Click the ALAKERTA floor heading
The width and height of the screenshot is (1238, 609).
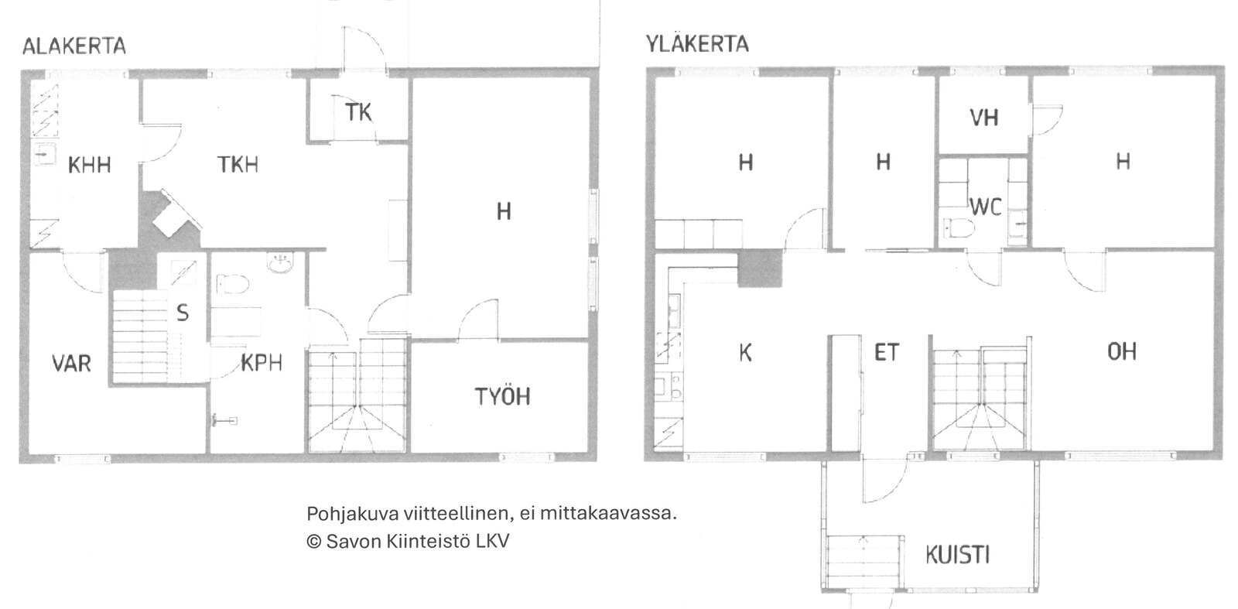pos(74,46)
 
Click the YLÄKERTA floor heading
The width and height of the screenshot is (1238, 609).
pos(697,43)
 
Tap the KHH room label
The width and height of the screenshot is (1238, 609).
pos(90,165)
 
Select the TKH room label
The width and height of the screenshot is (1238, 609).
pos(238,164)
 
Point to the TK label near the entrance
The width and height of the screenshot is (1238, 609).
pos(358,112)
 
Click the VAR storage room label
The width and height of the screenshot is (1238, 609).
pos(71,363)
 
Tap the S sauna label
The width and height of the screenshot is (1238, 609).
pos(183,313)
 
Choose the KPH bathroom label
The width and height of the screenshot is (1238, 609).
pos(262,362)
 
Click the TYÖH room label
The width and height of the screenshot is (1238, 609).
pos(502,396)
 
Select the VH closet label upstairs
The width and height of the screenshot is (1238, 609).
pos(983,117)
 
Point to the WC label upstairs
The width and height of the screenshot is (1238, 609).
pos(986,207)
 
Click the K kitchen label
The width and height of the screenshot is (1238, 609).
pos(745,353)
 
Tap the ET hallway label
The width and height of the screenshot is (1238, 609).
pos(887,352)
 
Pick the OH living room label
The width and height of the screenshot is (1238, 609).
pos(1121,351)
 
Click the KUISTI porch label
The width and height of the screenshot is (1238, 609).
pos(957,555)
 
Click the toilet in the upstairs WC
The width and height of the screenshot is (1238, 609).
pos(959,228)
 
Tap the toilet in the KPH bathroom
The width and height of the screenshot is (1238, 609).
pos(233,285)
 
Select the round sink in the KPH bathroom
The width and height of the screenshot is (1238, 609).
pos(281,263)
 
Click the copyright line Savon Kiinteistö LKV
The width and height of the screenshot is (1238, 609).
pos(408,541)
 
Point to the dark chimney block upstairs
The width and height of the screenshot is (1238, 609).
pos(760,268)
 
